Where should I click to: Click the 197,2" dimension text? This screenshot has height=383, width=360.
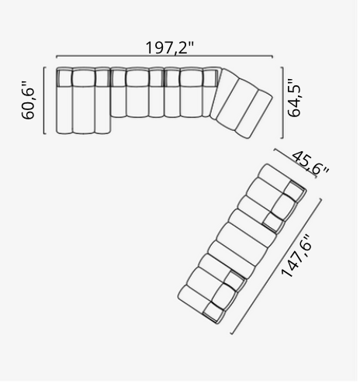(169, 47)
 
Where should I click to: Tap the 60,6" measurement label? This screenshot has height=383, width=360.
(30, 100)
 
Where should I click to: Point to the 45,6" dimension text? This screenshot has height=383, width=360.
(310, 164)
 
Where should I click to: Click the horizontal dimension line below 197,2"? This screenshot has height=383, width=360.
(164, 57)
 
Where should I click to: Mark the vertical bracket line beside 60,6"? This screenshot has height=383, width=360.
(44, 101)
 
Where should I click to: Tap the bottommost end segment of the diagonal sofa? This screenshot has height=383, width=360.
(194, 298)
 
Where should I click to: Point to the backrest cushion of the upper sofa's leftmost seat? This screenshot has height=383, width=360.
(64, 75)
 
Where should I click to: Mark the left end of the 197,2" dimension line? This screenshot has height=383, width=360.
(57, 57)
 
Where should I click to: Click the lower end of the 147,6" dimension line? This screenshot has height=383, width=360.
(233, 334)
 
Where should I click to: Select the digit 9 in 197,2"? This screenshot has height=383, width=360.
(160, 47)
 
